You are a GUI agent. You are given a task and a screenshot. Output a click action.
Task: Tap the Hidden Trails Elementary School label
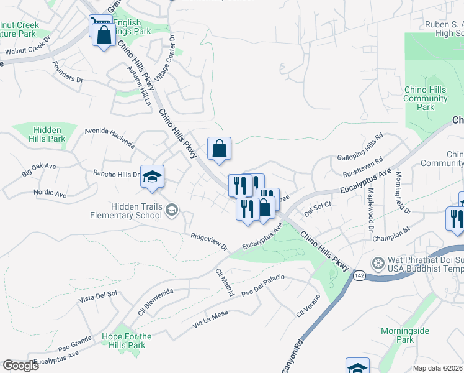pyautogui.click(x=128, y=211)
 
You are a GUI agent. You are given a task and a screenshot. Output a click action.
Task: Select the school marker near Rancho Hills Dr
pyautogui.click(x=152, y=177)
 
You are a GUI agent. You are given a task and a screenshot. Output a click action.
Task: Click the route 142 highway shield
pyautogui.click(x=359, y=275)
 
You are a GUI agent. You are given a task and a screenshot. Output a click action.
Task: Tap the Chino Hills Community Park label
pyautogui.click(x=425, y=98)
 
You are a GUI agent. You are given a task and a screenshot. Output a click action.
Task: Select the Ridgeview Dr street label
pyautogui.click(x=209, y=241)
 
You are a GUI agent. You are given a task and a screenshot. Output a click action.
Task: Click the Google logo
pyautogui.click(x=20, y=366)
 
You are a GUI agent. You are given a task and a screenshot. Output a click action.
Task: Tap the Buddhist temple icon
pyautogui.click(x=377, y=264)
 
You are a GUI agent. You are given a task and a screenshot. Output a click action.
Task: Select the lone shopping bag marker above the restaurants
pyautogui.click(x=219, y=149)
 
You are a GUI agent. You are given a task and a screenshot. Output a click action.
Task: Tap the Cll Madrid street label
pyautogui.click(x=224, y=277)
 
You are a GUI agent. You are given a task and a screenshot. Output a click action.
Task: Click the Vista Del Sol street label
pyautogui.click(x=98, y=296)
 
